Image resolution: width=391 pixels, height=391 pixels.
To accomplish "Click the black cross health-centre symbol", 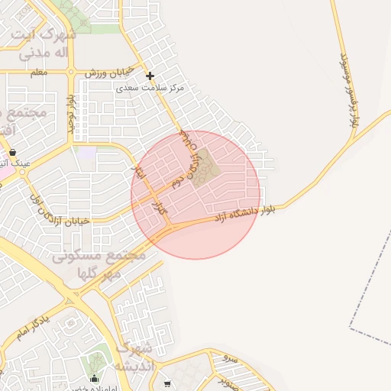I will [x=150, y=76].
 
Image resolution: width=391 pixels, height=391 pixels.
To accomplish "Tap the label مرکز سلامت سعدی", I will [x=151, y=89].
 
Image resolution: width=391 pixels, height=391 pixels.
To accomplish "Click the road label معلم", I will [x=38, y=72].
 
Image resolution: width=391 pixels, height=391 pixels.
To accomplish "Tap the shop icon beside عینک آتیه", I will [x=13, y=152].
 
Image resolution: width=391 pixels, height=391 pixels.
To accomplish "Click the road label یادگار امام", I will [x=34, y=327].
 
